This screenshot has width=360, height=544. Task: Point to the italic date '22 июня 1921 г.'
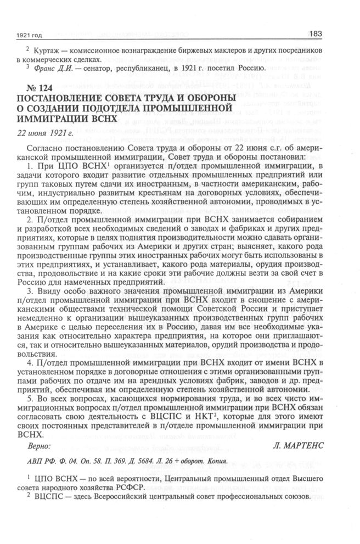[46, 132]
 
